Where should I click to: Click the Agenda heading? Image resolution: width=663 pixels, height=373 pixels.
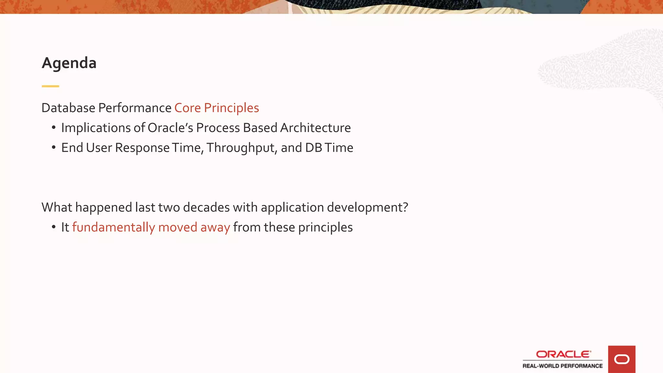(x=69, y=63)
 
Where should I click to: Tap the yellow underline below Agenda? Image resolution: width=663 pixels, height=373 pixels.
(x=50, y=86)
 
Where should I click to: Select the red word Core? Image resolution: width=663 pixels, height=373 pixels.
(x=187, y=108)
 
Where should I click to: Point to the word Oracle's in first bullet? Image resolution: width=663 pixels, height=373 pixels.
(x=170, y=128)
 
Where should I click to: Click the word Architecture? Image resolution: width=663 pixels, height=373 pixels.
(x=315, y=128)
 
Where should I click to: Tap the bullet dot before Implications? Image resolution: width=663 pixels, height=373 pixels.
(x=54, y=128)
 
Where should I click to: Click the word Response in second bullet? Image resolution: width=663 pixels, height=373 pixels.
(x=142, y=148)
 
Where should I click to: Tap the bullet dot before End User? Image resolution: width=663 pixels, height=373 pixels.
(x=54, y=147)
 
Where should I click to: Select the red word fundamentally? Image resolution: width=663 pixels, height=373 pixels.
(x=114, y=227)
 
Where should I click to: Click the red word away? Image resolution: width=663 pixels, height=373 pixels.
(x=215, y=228)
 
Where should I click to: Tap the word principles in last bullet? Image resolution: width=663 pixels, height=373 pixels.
(x=325, y=228)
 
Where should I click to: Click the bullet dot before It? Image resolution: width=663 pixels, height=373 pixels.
(x=54, y=227)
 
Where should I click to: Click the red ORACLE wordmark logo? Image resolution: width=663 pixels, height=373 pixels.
(x=563, y=354)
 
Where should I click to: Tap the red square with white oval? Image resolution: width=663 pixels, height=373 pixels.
(x=622, y=359)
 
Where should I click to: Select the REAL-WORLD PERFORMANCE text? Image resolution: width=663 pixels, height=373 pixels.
(x=562, y=366)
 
